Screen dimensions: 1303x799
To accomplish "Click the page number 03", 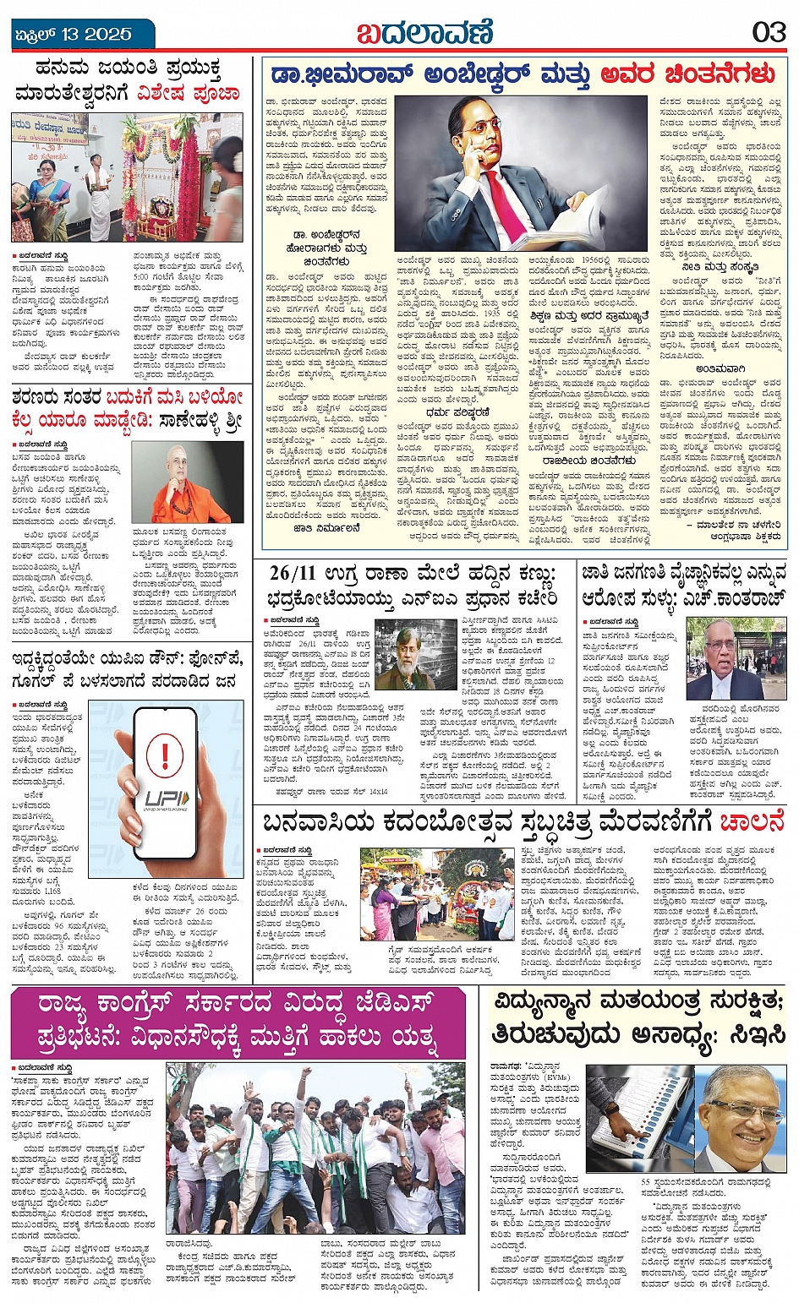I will (769, 32).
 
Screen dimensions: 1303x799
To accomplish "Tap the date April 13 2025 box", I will (74, 35).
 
